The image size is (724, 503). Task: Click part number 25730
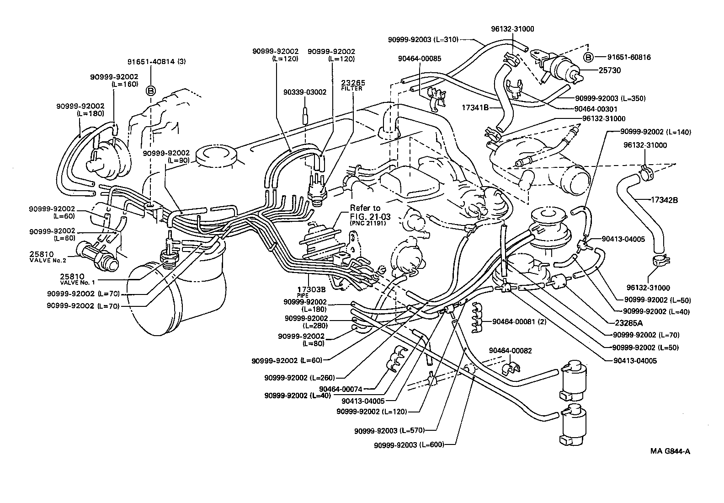(x=610, y=70)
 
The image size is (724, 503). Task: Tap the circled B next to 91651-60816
(x=589, y=58)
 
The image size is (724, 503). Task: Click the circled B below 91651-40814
(x=151, y=91)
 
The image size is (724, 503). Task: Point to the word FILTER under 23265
(x=351, y=89)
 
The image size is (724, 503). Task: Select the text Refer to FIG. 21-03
(x=365, y=211)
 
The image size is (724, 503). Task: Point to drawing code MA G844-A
(x=670, y=451)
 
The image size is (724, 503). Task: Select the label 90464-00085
(x=419, y=59)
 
